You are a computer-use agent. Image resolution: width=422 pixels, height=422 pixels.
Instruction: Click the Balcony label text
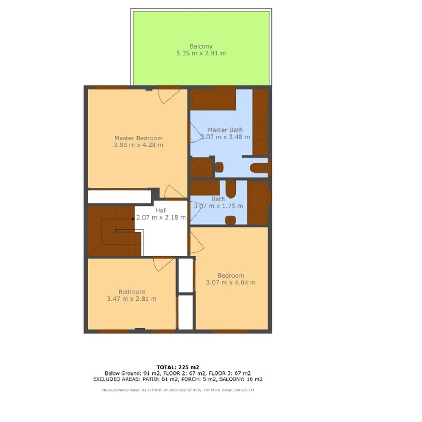pyautogui.click(x=201, y=46)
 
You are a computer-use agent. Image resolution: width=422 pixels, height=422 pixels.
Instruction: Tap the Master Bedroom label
pyautogui.click(x=139, y=138)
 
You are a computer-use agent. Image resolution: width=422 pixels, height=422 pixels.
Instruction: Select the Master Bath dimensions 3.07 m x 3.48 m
pyautogui.click(x=225, y=137)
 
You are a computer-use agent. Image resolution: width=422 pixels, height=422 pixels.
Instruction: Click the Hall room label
pyautogui.click(x=161, y=210)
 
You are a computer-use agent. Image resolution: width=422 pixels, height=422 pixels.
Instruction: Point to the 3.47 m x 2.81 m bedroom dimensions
pyautogui.click(x=132, y=299)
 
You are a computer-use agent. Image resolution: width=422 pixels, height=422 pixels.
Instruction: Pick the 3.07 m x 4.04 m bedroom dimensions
pyautogui.click(x=231, y=282)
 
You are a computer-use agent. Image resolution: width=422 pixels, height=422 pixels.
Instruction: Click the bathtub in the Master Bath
pyautogui.click(x=213, y=100)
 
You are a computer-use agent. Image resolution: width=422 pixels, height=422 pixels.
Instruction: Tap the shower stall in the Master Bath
pyautogui.click(x=202, y=168)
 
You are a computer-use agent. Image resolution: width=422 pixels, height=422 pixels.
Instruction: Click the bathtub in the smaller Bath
pyautogui.click(x=258, y=202)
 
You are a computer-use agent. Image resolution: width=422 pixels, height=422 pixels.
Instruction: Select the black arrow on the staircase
pyautogui.click(x=133, y=219)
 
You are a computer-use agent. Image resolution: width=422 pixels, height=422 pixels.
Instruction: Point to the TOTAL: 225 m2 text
pyautogui.click(x=178, y=367)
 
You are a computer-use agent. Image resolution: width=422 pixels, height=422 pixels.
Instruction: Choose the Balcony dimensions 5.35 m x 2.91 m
pyautogui.click(x=201, y=53)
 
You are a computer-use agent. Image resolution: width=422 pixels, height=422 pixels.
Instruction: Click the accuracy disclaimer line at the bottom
pyautogui.click(x=178, y=390)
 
